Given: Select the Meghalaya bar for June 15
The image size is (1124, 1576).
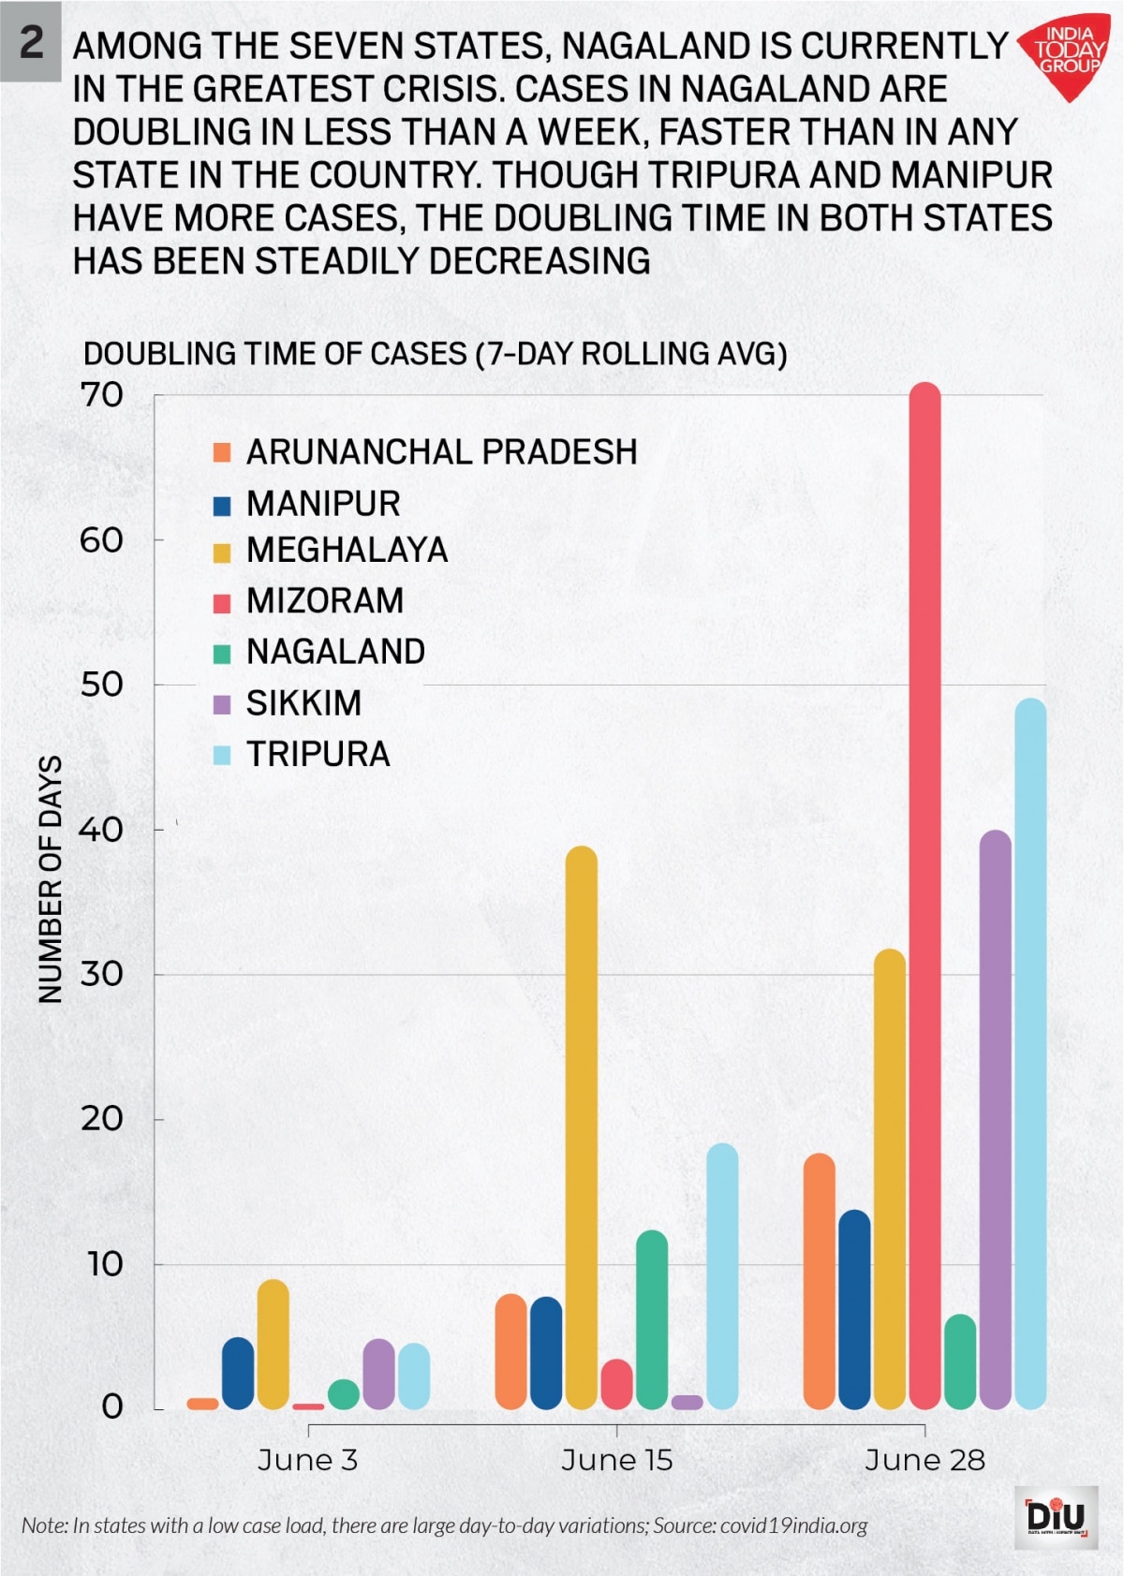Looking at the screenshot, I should click(x=582, y=1127).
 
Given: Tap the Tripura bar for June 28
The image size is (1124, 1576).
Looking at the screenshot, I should click(x=1030, y=1053).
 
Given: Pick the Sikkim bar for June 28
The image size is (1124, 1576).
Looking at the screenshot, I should click(x=995, y=1119).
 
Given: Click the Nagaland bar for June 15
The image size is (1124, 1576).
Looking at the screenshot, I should click(x=652, y=1319).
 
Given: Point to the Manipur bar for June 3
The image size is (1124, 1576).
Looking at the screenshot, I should click(x=238, y=1373).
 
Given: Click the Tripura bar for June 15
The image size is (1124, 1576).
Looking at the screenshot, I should click(x=722, y=1275).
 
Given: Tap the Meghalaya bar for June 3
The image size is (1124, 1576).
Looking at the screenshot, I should click(x=273, y=1344).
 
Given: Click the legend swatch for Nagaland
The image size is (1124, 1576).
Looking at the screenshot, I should click(x=222, y=653).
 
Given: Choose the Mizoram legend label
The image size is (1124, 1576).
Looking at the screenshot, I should click(x=324, y=600).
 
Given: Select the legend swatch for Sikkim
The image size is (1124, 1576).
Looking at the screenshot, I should click(x=222, y=704).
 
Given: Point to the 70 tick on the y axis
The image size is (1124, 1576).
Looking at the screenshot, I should click(x=102, y=395).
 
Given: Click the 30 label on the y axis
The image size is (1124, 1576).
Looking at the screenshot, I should click(x=102, y=974).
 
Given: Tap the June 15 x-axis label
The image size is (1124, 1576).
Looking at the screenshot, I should click(x=616, y=1460).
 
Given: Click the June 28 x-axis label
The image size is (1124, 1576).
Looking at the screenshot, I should click(x=924, y=1460).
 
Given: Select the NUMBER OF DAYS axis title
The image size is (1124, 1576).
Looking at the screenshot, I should click(x=50, y=879).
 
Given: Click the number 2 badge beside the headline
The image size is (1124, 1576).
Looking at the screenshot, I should click(x=31, y=41).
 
